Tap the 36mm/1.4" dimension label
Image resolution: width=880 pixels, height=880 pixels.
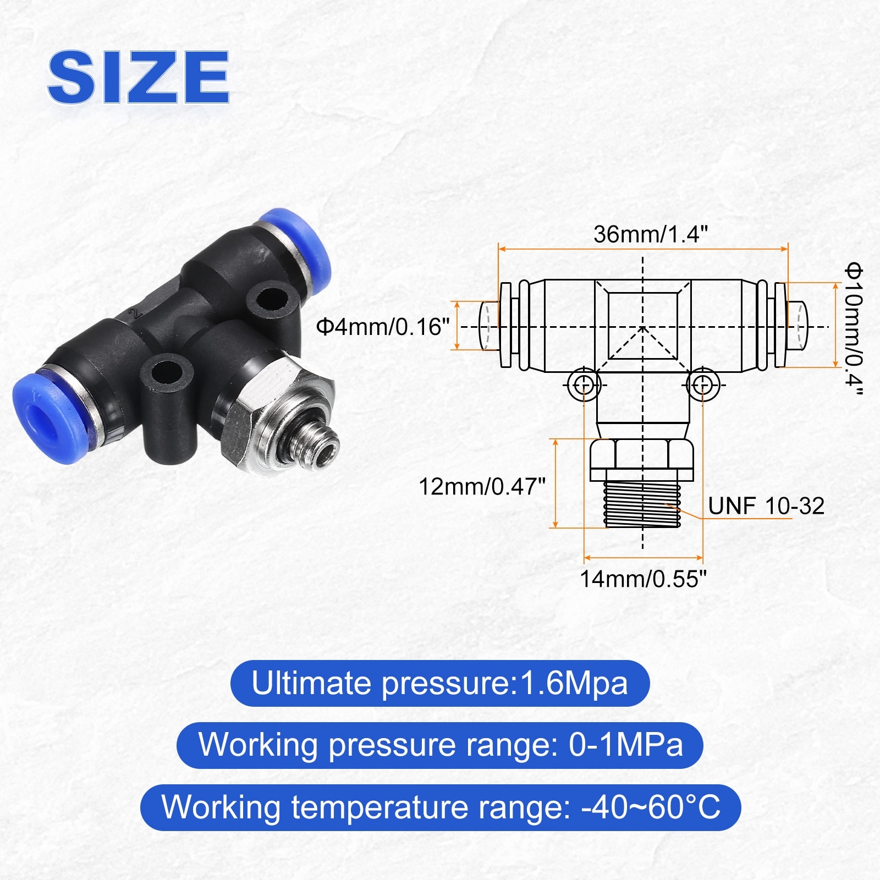coord(650,234)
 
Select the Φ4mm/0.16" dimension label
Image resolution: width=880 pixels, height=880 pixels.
coord(383,327)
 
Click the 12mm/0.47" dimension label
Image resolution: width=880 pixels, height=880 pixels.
coord(482,487)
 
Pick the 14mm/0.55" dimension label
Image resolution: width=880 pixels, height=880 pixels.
coord(643,579)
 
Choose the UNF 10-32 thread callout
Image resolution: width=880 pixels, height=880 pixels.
coord(766,506)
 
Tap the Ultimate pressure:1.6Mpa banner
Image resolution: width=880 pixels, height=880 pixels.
coord(440,684)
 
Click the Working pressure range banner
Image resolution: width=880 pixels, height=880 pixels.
coord(440,745)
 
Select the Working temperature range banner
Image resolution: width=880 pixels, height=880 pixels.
coord(441,807)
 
